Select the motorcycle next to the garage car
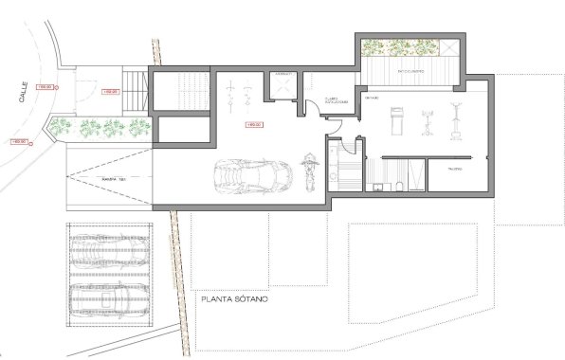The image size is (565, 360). point(307,171)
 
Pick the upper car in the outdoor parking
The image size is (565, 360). point(106,253)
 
